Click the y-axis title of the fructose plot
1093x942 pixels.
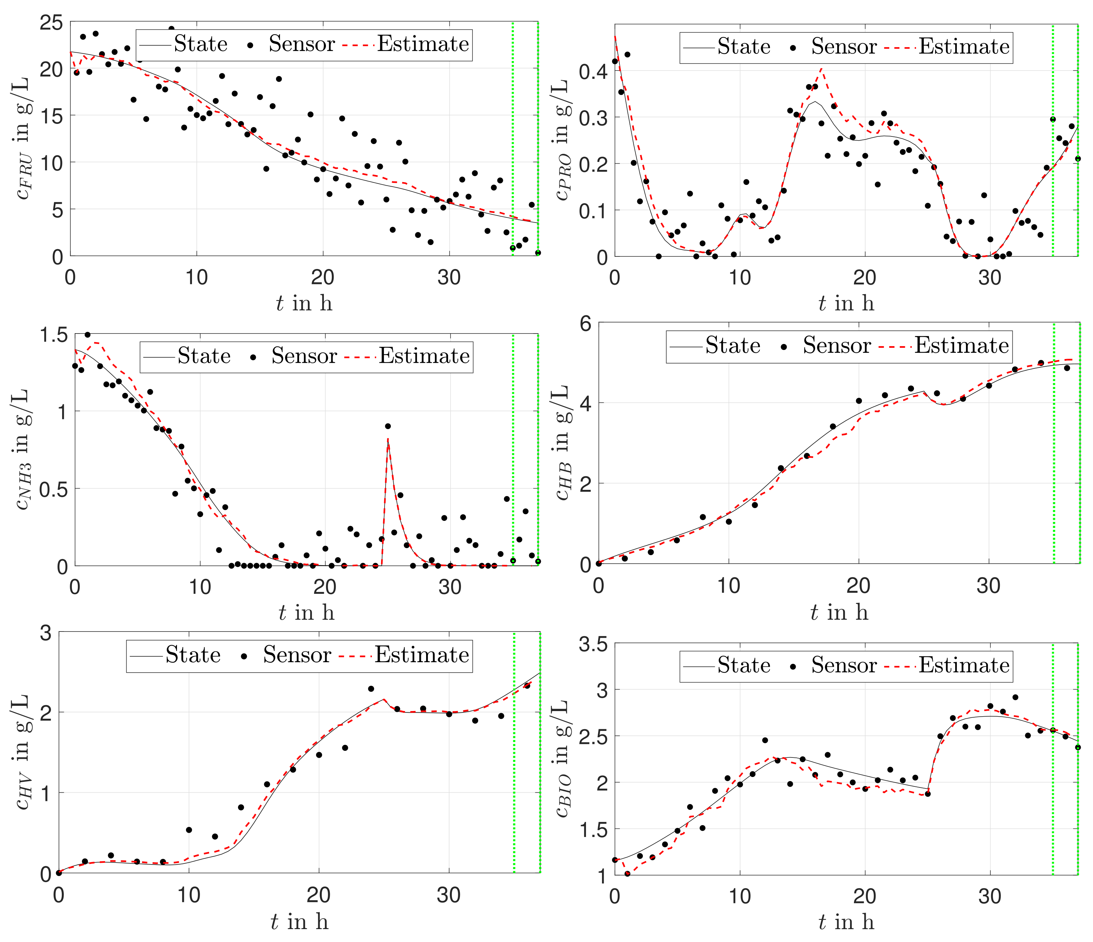click(22, 140)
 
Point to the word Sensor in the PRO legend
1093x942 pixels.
click(843, 47)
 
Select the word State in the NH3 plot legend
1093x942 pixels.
click(203, 356)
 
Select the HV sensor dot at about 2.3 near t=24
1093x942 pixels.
click(371, 689)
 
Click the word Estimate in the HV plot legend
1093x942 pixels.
click(422, 655)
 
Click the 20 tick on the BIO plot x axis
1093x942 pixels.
click(864, 896)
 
